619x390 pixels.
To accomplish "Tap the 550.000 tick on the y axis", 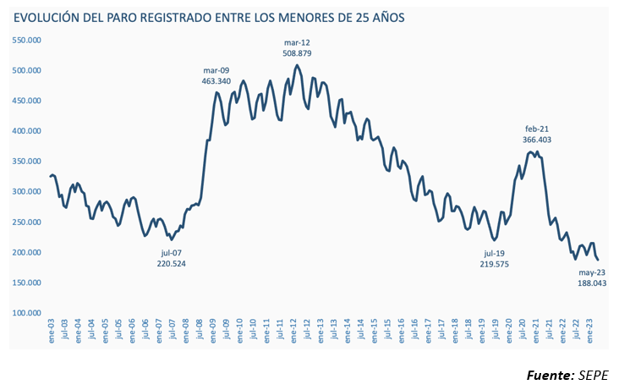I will point(27,40).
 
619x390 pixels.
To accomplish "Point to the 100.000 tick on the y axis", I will point(27,313).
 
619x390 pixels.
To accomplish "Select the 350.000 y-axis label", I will point(27,161).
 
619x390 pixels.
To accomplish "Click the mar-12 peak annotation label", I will point(298,41).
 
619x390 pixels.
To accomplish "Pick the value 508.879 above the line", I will point(298,52).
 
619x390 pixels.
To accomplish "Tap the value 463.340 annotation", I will point(216,81).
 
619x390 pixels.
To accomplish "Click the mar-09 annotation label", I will point(216,70).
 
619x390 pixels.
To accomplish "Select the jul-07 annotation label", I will point(171,253).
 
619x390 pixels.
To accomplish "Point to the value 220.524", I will point(171,264).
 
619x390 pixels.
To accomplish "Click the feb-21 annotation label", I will point(538,128).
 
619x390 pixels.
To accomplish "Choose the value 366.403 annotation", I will point(538,139).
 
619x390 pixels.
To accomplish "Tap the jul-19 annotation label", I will point(495,253).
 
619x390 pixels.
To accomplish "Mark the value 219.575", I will point(495,264).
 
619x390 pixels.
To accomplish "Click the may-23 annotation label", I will point(591,272).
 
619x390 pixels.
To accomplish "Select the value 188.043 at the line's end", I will point(592,283).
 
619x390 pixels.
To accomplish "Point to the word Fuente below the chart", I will point(550,375).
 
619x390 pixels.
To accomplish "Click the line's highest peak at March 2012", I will point(297,65).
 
